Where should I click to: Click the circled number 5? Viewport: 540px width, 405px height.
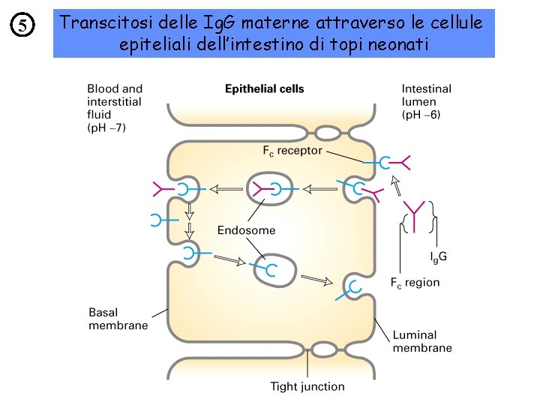point(24,25)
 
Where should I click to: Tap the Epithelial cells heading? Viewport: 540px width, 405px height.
point(265,88)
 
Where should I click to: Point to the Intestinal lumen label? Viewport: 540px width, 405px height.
point(426,95)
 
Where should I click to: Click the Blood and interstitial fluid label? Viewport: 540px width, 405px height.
point(114,101)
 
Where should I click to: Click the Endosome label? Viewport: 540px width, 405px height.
point(246,230)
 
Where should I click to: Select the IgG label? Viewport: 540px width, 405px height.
point(438,256)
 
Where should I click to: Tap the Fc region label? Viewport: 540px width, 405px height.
point(415,283)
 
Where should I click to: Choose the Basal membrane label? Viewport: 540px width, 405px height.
point(118,319)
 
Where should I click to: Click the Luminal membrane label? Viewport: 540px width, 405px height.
point(422,341)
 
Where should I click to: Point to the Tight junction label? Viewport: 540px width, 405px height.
point(307,387)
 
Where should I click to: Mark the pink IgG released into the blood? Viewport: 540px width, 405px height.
point(160,189)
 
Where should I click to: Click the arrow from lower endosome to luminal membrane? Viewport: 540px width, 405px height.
point(316,280)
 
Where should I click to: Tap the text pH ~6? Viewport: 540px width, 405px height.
point(421,115)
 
